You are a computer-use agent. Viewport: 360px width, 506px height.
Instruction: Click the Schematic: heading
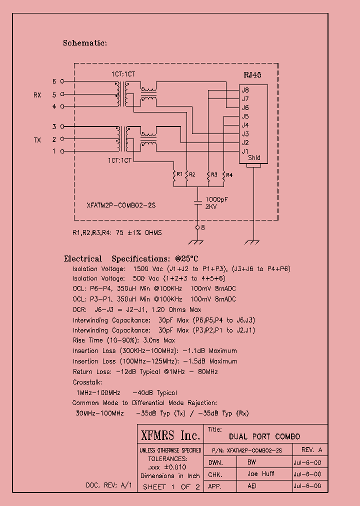85,43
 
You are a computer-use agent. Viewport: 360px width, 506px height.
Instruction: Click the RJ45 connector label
252,74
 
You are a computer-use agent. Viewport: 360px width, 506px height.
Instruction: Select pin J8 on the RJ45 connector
245,90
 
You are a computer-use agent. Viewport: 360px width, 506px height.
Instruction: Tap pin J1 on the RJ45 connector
245,151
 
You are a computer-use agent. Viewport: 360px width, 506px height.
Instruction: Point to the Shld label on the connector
254,158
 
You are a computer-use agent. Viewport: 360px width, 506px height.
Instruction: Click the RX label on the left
37,94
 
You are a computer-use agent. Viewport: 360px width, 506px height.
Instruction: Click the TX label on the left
37,140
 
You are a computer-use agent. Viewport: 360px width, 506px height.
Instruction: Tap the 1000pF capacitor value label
216,199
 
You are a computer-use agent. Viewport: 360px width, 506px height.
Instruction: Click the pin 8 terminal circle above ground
197,227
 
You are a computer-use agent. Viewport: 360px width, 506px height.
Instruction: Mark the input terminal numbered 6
62,81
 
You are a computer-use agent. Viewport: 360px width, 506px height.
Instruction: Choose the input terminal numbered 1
62,151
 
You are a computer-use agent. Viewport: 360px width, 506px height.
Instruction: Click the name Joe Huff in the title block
260,474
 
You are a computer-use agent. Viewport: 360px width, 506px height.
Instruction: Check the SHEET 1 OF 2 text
171,486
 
